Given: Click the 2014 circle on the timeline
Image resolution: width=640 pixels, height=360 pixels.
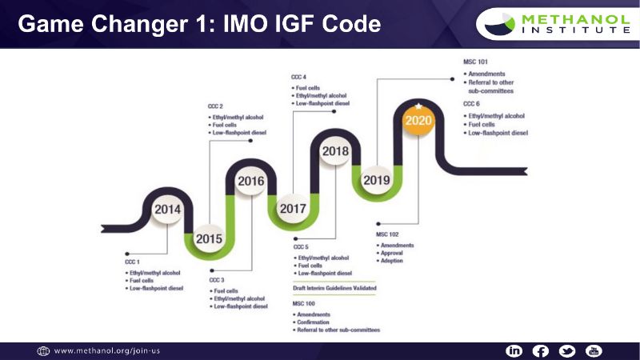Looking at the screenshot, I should [167, 210].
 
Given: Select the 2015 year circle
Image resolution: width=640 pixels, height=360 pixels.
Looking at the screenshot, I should [209, 238].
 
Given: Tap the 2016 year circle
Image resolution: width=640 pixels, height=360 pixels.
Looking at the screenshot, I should [250, 181].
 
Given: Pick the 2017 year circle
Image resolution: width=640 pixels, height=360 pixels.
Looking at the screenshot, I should [293, 209].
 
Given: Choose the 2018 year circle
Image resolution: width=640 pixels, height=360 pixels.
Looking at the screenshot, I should [334, 150].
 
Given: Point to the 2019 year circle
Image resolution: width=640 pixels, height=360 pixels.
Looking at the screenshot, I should [376, 180].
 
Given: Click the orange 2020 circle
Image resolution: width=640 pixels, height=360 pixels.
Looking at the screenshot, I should [418, 121].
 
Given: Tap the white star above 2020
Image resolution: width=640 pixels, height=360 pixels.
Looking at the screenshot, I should [418, 106].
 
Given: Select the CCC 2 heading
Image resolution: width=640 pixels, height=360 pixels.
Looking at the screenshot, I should [215, 106].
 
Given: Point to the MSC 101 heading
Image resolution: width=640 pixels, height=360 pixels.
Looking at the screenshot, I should [476, 62].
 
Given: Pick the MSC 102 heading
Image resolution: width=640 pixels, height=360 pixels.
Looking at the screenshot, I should [389, 234].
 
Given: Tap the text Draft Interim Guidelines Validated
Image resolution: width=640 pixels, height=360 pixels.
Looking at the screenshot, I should [334, 287].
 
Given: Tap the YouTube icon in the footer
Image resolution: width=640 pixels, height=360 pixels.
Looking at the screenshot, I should [593, 351].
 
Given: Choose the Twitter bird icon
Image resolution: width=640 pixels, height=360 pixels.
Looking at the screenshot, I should [567, 351].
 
